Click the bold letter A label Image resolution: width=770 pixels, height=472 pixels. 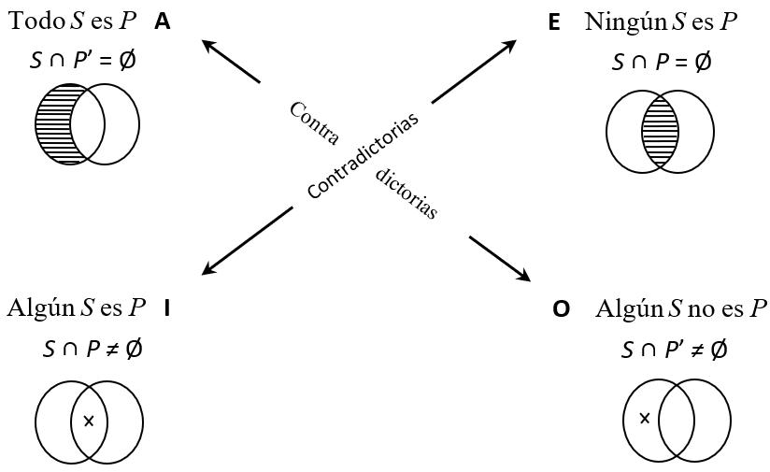(163, 21)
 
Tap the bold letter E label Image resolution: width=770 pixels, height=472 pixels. (554, 22)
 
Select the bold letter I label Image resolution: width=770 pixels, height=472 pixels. (166, 308)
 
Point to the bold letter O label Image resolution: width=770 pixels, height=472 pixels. (561, 309)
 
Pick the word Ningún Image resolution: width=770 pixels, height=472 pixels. (621, 21)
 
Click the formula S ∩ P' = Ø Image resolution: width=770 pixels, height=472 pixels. (83, 61)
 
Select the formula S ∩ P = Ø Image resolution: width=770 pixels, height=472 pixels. (662, 63)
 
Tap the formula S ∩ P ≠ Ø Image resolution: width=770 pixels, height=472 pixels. (93, 349)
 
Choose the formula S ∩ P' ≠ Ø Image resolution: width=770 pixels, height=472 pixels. (674, 350)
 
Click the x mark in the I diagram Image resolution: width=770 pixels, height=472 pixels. (89, 421)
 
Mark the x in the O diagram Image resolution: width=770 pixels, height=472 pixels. (644, 418)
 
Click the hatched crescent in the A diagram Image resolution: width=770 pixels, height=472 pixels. (50, 123)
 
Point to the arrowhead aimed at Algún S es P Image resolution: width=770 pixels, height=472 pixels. (208, 270)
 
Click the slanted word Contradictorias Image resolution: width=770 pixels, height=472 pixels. (363, 155)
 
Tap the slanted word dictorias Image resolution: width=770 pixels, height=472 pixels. (406, 193)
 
